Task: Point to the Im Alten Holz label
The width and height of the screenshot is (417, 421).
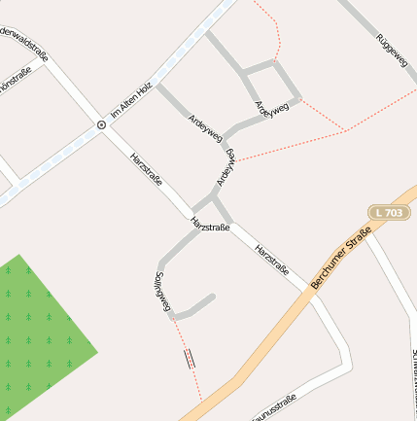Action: (x=131, y=102)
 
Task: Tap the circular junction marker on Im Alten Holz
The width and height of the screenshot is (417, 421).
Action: (x=101, y=124)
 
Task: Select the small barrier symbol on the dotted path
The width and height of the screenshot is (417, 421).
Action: (x=190, y=358)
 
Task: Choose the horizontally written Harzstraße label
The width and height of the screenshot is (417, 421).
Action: (x=211, y=226)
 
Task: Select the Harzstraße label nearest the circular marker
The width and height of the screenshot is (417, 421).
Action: (x=146, y=170)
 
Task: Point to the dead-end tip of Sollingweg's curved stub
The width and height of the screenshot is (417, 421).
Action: (x=211, y=297)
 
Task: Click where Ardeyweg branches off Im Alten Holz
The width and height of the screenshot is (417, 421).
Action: (x=157, y=84)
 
